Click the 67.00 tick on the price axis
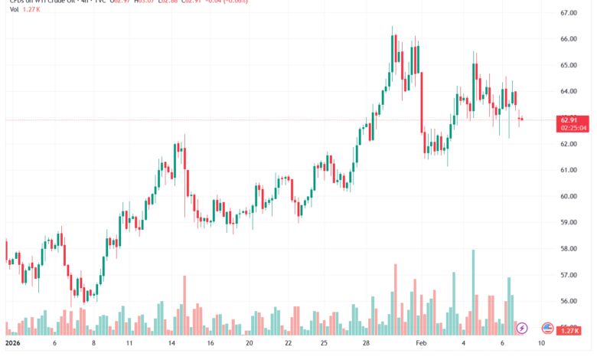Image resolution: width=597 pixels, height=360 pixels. [567, 13]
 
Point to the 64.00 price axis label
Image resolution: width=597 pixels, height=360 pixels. [567, 91]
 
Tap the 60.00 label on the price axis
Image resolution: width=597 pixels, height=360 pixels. [567, 196]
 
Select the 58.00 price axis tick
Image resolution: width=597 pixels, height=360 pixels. [567, 249]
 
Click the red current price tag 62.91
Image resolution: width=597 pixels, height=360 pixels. [568, 119]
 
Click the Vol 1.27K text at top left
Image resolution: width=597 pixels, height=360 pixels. [19, 12]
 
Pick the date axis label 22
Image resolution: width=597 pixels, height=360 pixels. [288, 344]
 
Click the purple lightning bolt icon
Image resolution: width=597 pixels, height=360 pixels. [522, 328]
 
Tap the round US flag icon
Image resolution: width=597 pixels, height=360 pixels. [547, 328]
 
